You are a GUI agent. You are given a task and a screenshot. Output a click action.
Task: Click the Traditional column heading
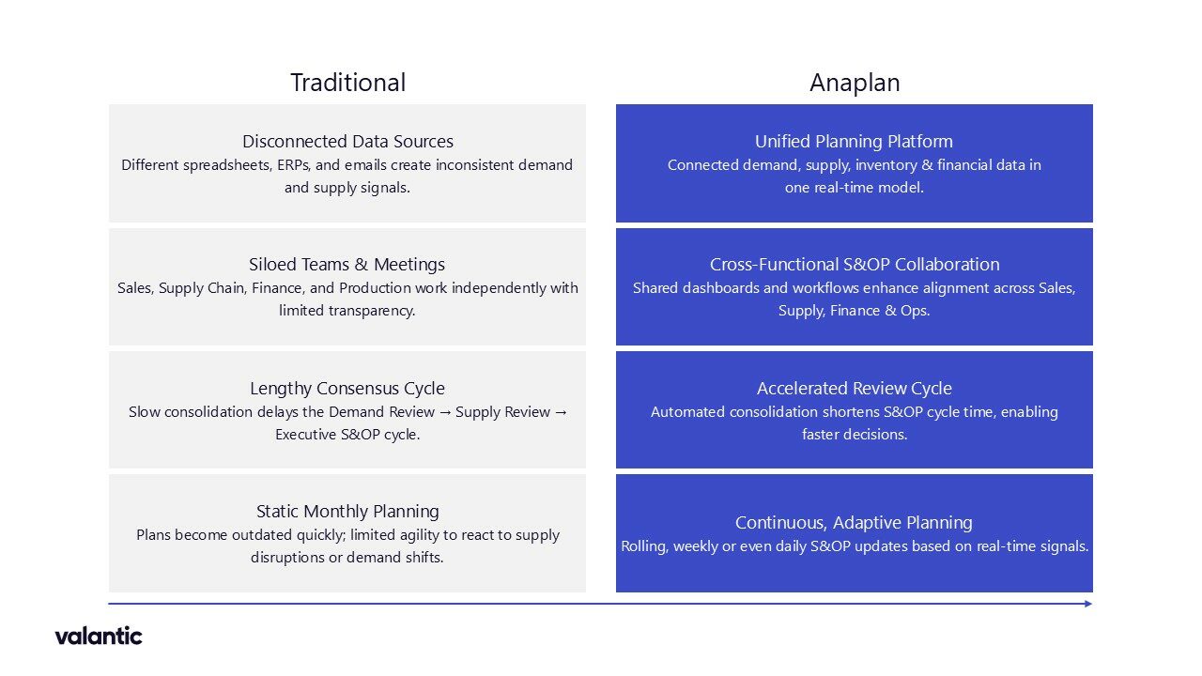[x=347, y=83]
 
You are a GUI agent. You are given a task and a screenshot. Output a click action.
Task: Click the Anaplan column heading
[x=855, y=83]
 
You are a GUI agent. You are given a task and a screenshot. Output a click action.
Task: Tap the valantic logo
[x=99, y=636]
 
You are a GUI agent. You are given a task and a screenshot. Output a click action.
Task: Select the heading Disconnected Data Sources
[x=347, y=141]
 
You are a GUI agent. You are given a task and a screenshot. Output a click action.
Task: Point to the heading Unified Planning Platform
[x=854, y=141]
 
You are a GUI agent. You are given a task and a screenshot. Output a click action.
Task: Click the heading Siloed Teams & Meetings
[x=347, y=264]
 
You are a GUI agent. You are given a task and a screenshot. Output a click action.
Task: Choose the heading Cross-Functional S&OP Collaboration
[x=855, y=264]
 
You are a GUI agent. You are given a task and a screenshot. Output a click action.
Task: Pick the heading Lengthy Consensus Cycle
[x=347, y=388]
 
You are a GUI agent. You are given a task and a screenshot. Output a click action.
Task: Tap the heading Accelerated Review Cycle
[x=855, y=388]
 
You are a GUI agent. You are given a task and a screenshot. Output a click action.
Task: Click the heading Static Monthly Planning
[x=347, y=511]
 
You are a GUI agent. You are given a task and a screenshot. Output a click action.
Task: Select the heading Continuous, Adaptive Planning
[x=854, y=522]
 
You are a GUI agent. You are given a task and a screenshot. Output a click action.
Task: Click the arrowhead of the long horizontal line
[x=1088, y=604]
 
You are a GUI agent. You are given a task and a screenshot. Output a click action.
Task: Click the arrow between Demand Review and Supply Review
[x=445, y=412]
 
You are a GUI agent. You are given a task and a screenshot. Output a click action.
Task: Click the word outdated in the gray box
[x=262, y=535]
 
